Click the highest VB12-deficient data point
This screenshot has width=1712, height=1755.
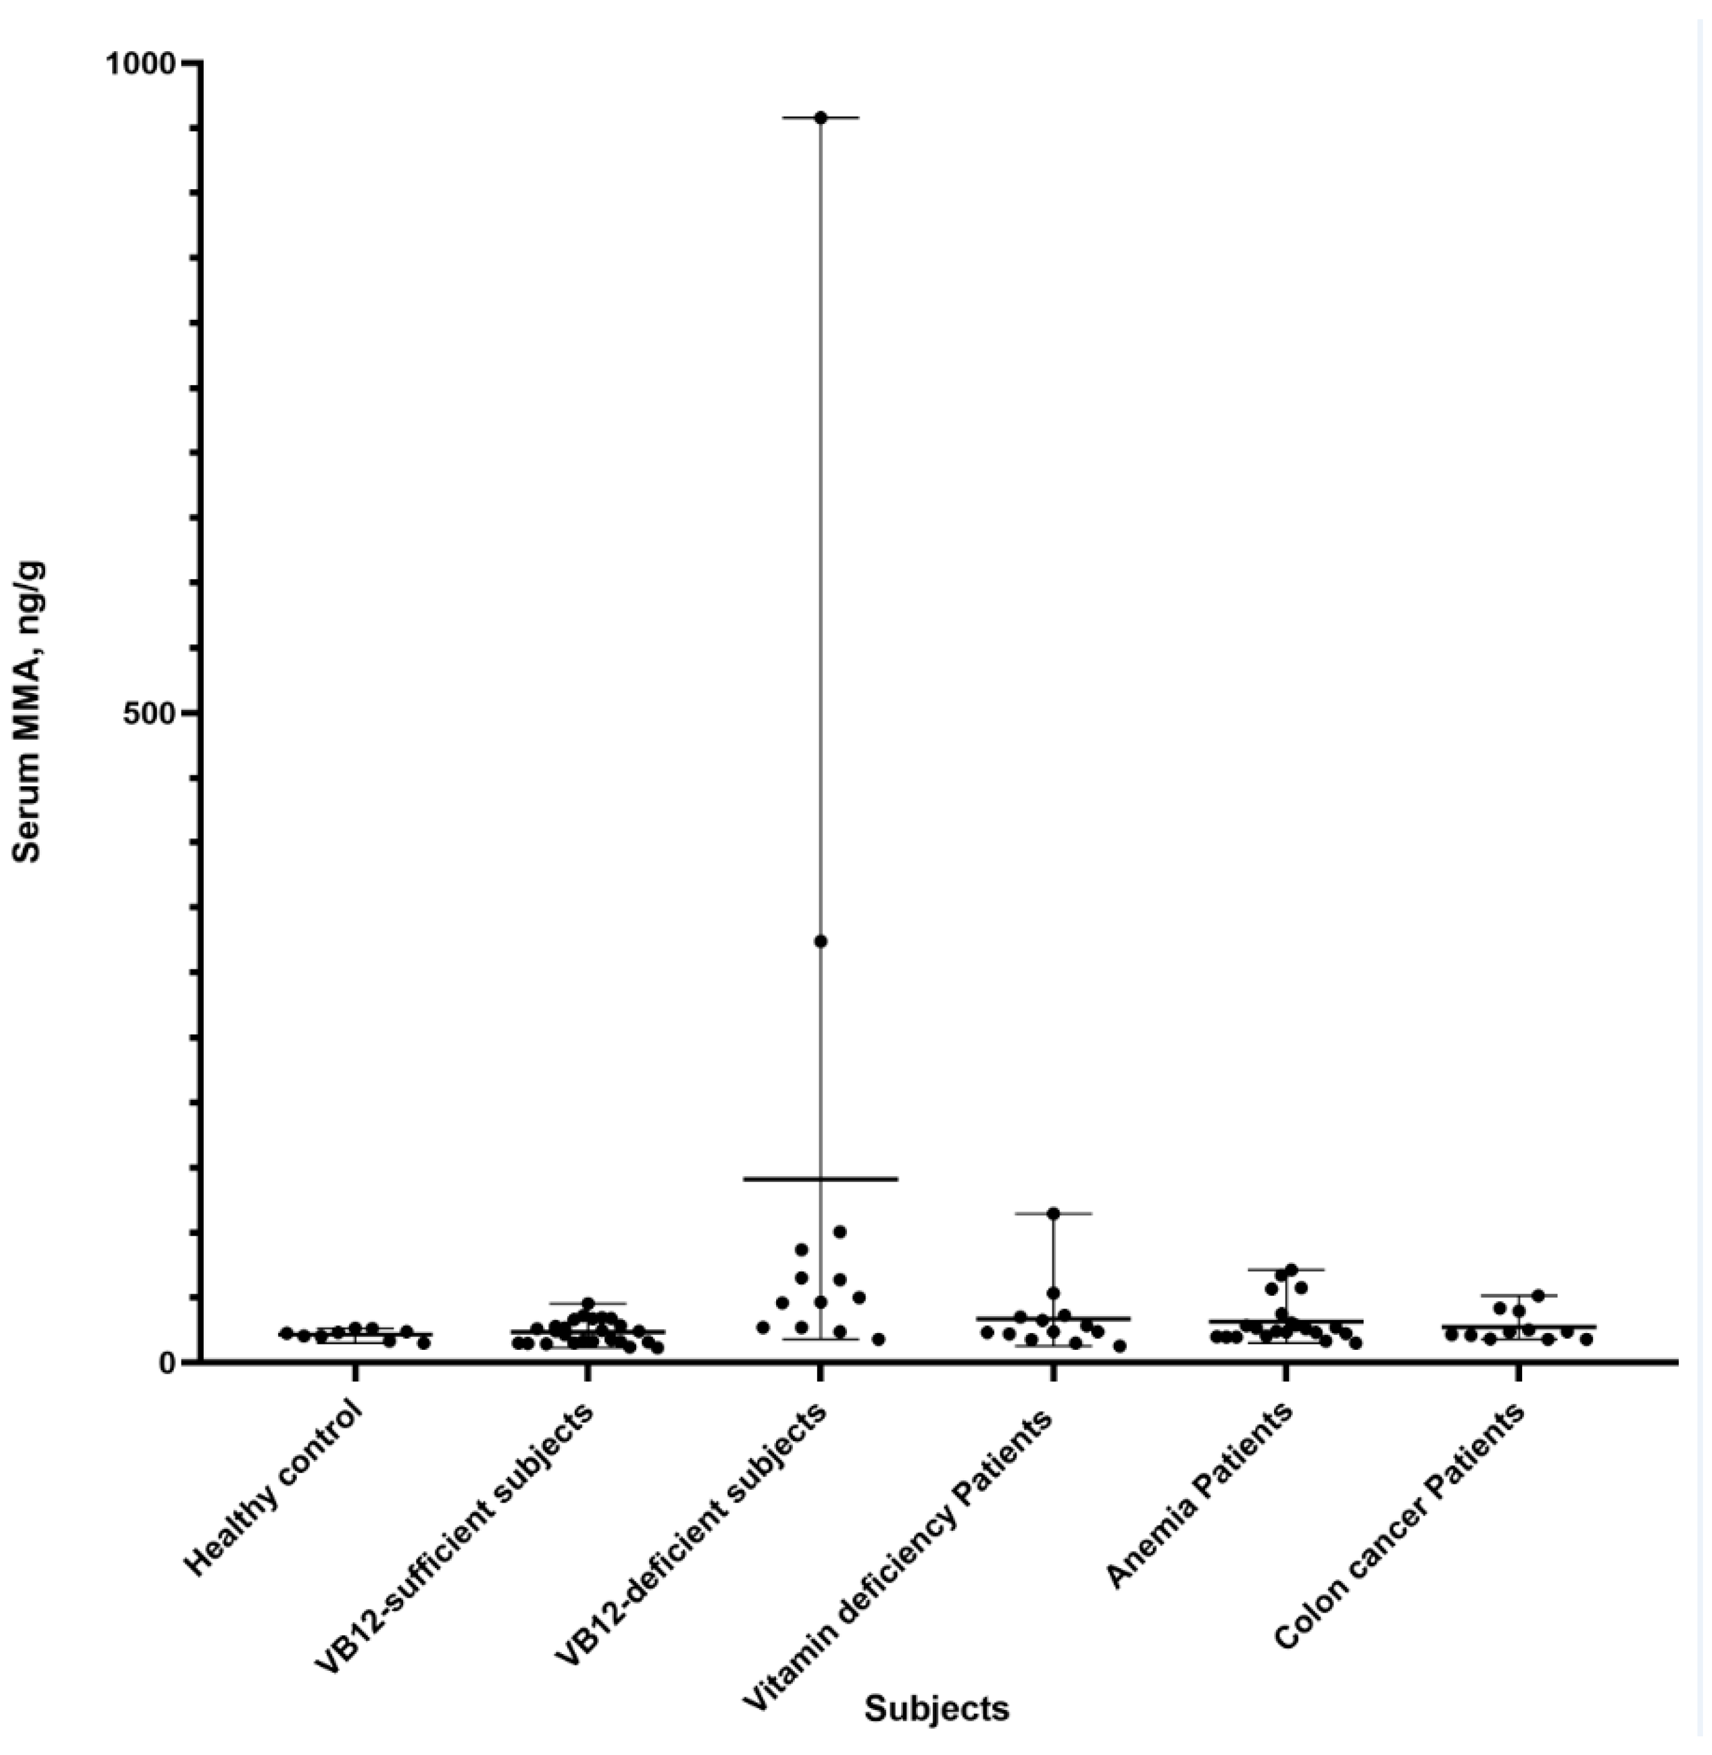tap(820, 118)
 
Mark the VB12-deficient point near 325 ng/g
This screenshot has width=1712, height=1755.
tap(820, 942)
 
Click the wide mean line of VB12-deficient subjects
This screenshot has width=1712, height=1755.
tap(820, 1179)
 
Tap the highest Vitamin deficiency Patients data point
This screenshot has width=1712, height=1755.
tap(1053, 1213)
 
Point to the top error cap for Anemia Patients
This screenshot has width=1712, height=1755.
tap(1286, 1269)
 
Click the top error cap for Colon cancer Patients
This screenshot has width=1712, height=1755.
tap(1519, 1295)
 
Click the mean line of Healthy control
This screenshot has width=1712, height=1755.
tap(355, 1334)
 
